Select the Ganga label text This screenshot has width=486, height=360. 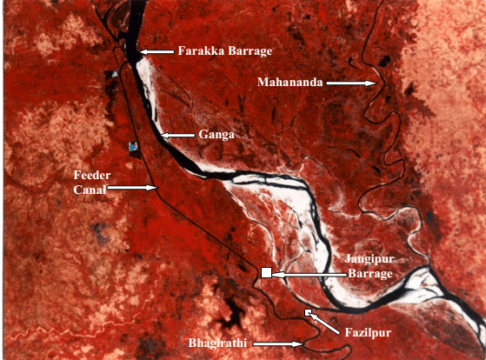(216, 136)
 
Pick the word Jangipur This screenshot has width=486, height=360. (366, 260)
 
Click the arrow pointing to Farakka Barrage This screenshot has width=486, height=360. (156, 52)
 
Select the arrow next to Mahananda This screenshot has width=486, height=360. (351, 83)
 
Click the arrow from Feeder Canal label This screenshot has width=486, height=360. (134, 187)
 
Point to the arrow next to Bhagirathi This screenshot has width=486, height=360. (278, 343)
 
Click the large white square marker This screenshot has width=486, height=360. (267, 274)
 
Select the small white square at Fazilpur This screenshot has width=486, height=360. (308, 311)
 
